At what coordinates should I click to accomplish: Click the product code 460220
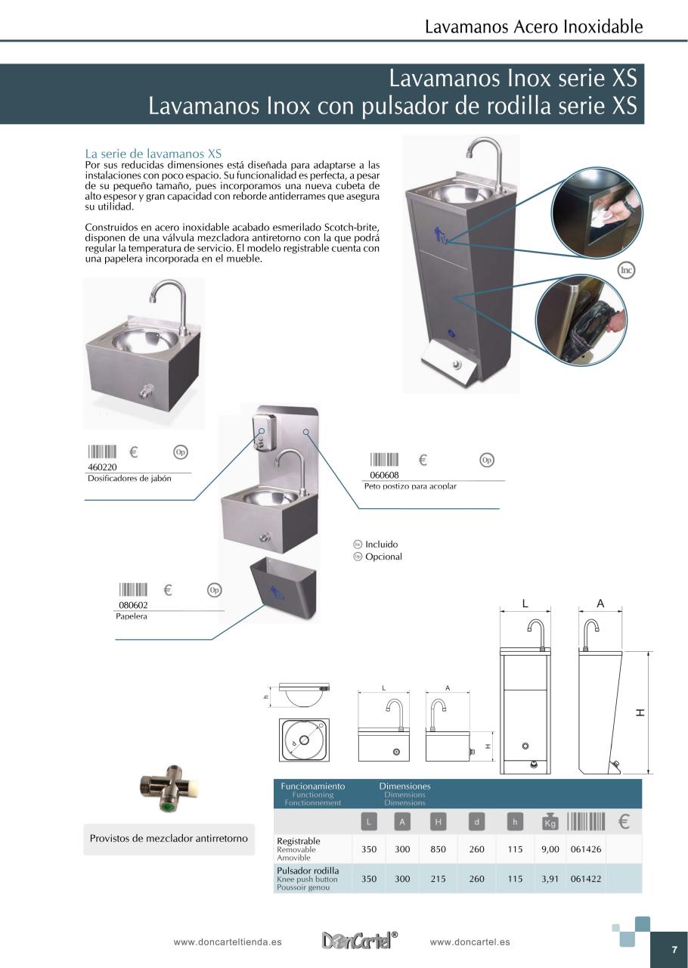tap(103, 467)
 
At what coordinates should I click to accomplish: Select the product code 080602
tap(133, 605)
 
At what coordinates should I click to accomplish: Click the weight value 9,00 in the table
tap(550, 849)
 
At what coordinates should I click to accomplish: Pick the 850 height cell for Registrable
tap(439, 849)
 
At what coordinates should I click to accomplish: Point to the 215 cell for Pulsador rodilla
tap(439, 879)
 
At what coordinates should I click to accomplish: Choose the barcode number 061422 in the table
tap(586, 879)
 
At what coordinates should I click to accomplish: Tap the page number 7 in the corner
tap(674, 950)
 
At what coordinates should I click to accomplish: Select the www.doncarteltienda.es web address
tap(228, 942)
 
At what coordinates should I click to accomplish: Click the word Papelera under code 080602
tap(132, 616)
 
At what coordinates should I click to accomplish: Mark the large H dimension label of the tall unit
tap(640, 712)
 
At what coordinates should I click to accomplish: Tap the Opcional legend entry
tap(383, 557)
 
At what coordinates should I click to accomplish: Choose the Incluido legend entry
tap(381, 544)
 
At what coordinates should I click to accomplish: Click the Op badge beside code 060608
tap(487, 460)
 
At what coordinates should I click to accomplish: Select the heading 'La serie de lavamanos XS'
tap(153, 154)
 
